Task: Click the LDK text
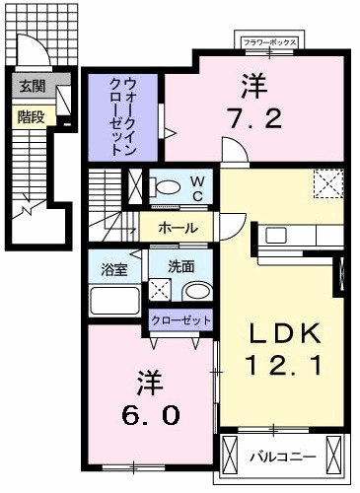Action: click(279, 333)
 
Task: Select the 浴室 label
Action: click(112, 267)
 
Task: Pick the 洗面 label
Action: click(180, 266)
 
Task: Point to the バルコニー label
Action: click(281, 456)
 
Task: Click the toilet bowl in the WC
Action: click(167, 186)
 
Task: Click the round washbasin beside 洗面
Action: click(196, 292)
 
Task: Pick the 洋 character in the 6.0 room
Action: click(147, 378)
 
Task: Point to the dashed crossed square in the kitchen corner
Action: click(326, 183)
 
